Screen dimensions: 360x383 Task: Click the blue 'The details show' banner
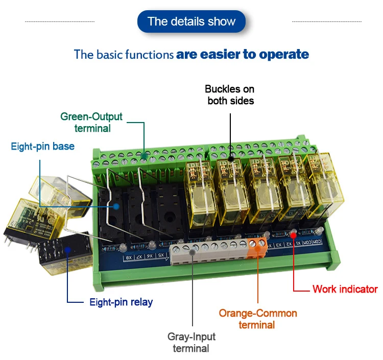[x=192, y=21]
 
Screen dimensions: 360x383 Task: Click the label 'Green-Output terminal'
[x=92, y=122]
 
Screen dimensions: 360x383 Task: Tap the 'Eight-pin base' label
[x=43, y=147]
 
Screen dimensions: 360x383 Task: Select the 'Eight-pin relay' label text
[x=121, y=302]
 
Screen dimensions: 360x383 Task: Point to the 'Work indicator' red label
[x=345, y=289]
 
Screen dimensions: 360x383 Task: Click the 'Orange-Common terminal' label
[x=258, y=319]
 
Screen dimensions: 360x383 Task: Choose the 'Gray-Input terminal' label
[x=192, y=343]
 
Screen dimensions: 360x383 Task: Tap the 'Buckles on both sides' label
[x=230, y=95]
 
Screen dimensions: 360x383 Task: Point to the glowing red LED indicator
[x=293, y=234]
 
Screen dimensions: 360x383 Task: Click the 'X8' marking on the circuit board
[x=129, y=258]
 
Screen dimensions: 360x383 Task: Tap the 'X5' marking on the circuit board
[x=161, y=255]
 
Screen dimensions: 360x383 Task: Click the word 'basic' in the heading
[x=105, y=54]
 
